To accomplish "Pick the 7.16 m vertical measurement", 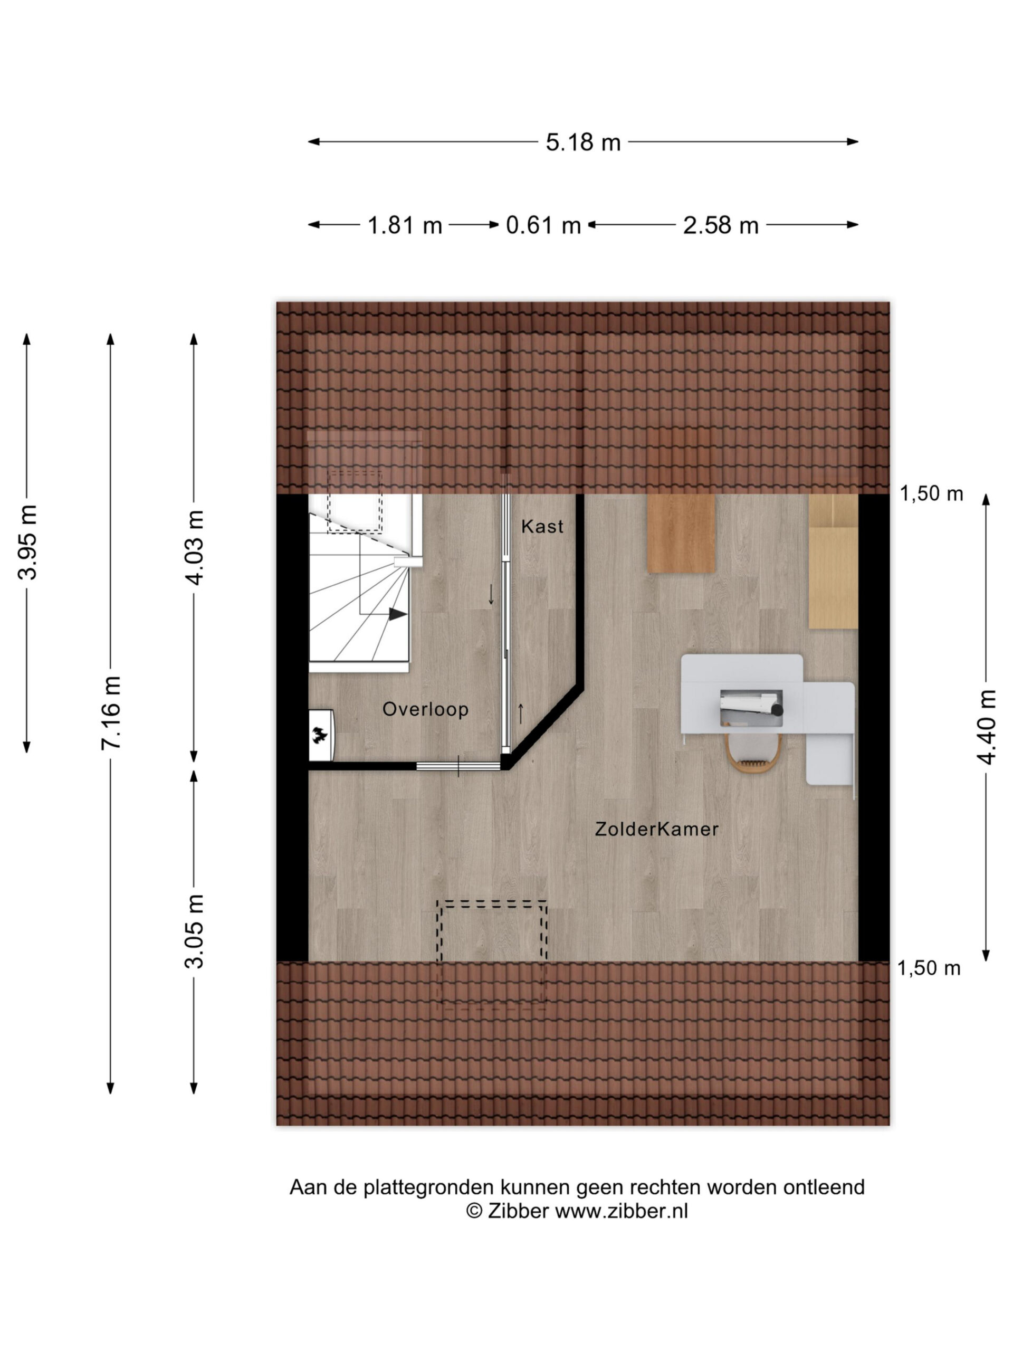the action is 112,712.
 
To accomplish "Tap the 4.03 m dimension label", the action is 195,547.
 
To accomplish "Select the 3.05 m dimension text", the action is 195,931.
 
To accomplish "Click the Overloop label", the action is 425,709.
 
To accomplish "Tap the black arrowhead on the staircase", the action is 397,614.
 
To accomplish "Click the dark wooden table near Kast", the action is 681,532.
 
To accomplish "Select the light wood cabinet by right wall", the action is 833,560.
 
